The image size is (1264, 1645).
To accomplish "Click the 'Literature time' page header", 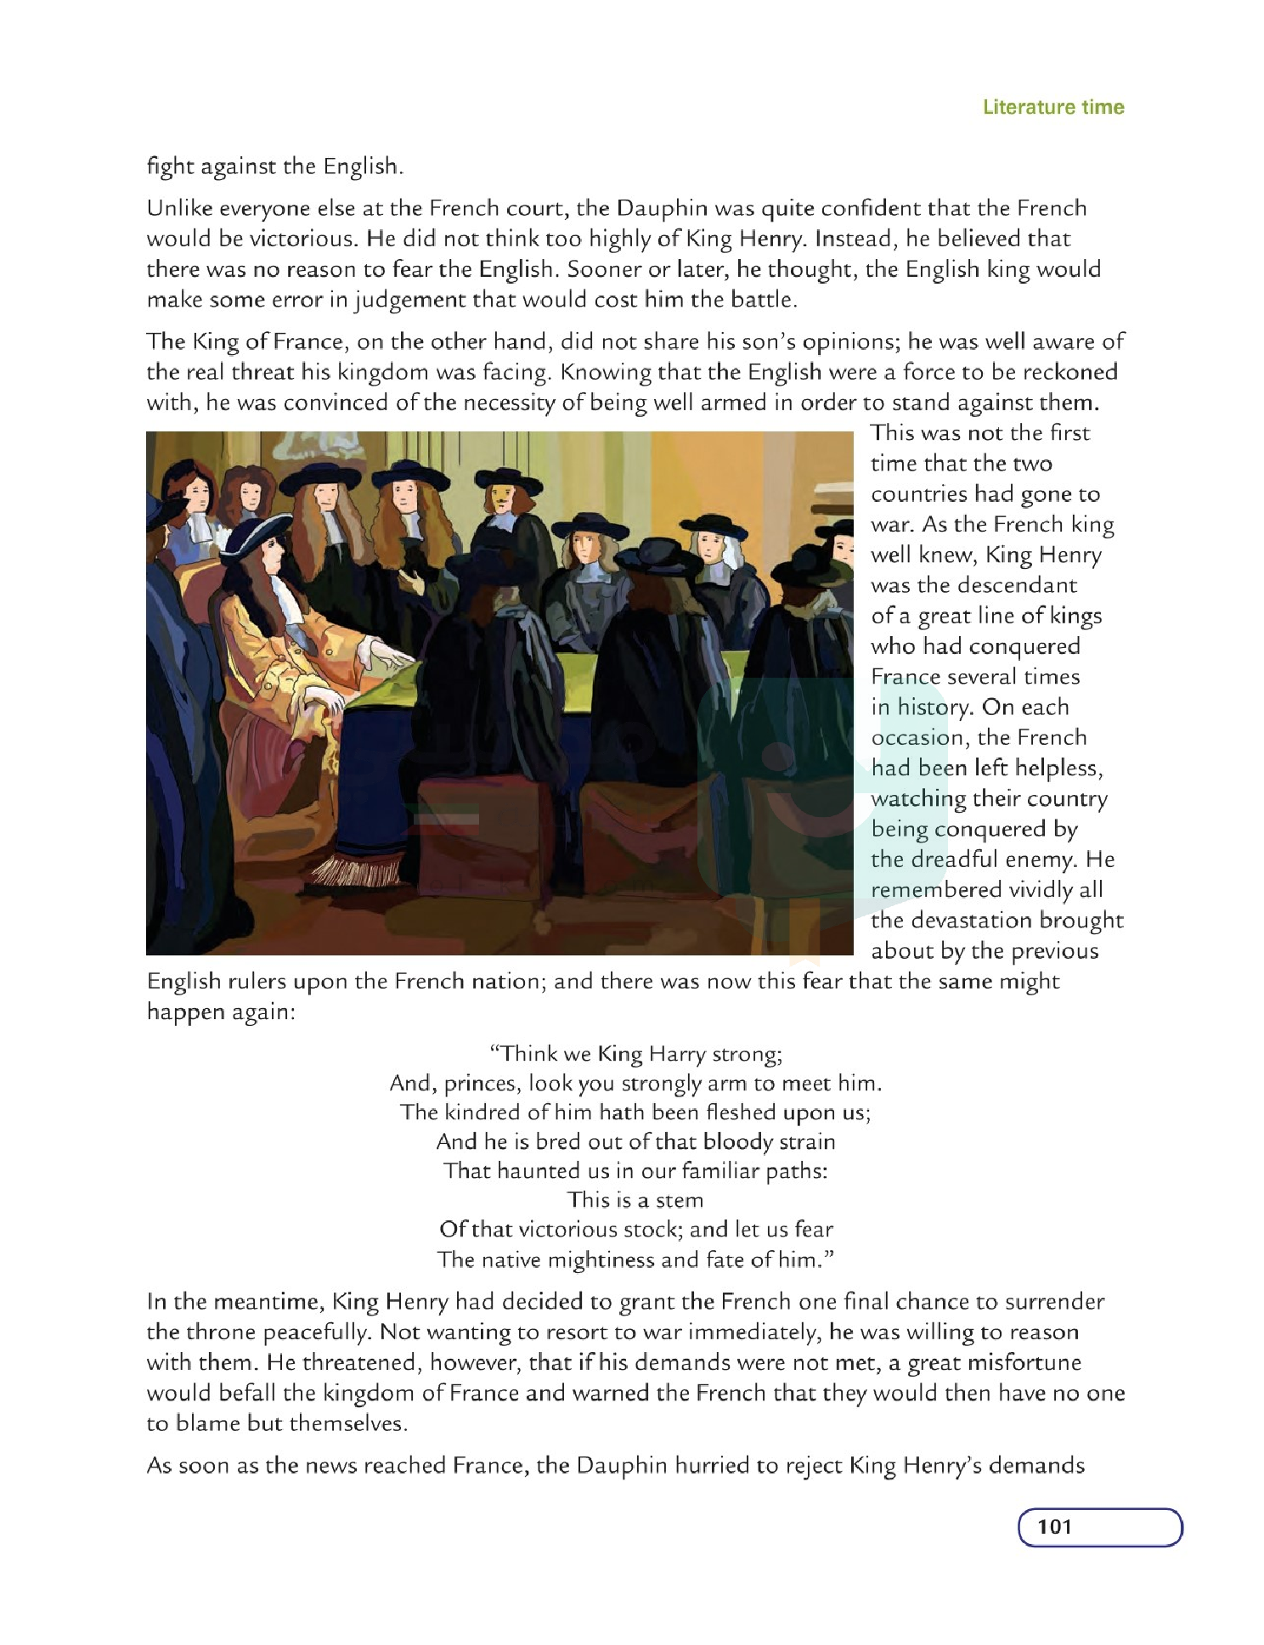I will point(1052,107).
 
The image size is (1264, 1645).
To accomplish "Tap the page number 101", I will point(1054,1526).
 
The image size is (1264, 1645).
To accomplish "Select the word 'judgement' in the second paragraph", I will point(410,300).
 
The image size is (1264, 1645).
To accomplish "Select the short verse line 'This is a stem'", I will point(635,1200).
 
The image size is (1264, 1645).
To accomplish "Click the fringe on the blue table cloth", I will point(357,870).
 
